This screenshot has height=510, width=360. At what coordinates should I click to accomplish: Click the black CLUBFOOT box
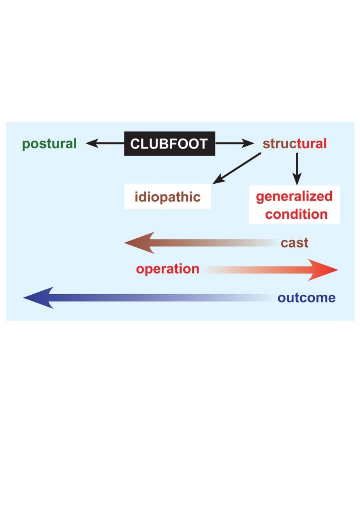(x=169, y=144)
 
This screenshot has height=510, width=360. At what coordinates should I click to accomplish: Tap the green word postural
(x=49, y=144)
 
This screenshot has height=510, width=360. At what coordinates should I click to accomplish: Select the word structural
(x=295, y=144)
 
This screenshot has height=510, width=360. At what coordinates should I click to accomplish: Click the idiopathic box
(x=167, y=196)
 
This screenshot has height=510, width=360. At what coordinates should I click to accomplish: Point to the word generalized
(x=294, y=197)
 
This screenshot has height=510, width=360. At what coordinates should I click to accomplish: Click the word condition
(x=296, y=214)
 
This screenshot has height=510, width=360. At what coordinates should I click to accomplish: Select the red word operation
(x=168, y=269)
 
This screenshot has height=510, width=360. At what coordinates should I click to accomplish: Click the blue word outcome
(x=306, y=298)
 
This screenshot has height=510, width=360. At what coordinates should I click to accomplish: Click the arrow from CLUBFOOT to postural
(x=105, y=144)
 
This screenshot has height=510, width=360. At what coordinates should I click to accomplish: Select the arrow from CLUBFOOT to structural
(x=235, y=144)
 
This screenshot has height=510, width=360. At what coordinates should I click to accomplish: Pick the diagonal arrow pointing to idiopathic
(x=236, y=168)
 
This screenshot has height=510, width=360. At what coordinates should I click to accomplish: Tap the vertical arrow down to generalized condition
(x=297, y=169)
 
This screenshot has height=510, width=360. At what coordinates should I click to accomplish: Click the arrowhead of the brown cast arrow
(x=139, y=243)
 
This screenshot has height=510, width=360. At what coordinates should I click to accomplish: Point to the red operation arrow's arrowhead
(x=323, y=270)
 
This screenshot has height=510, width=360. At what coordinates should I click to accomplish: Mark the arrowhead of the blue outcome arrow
(x=38, y=298)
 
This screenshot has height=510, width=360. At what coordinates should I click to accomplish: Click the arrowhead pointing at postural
(x=92, y=144)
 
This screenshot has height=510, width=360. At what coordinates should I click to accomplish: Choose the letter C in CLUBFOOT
(x=134, y=144)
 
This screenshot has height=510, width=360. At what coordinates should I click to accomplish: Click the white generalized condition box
(x=294, y=205)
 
